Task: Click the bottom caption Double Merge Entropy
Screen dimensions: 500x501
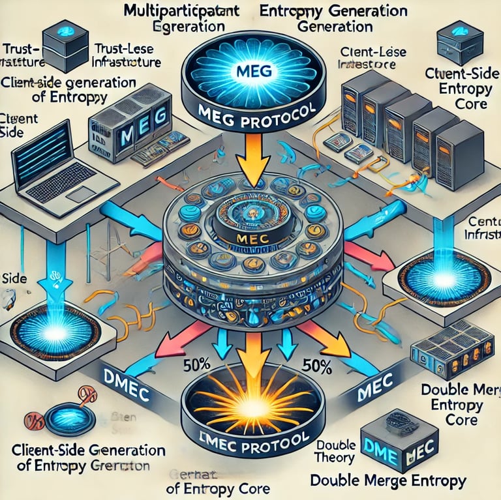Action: [389, 482]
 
